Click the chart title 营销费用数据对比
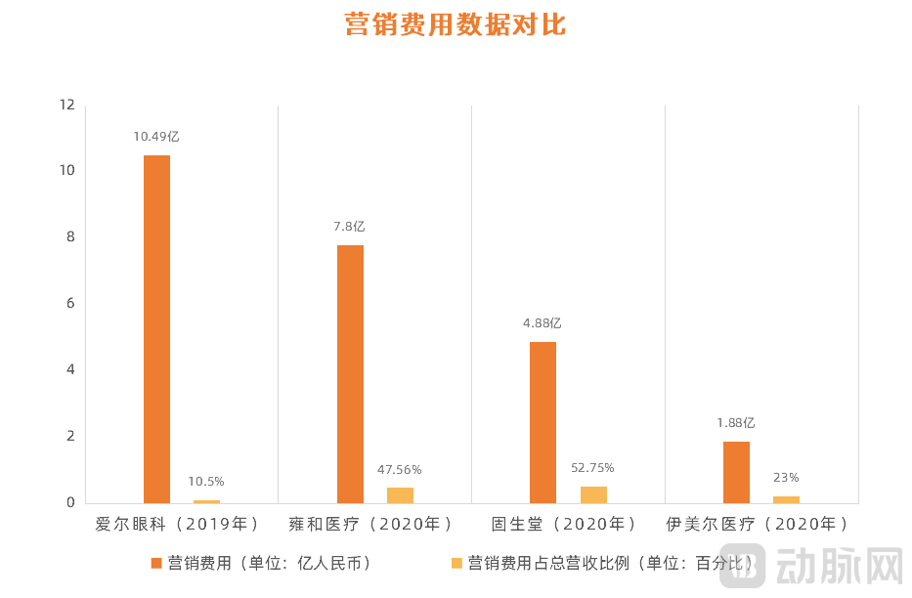pyautogui.click(x=456, y=24)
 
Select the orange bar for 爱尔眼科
pyautogui.click(x=156, y=328)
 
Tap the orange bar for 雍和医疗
pyautogui.click(x=350, y=373)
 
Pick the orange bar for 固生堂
pyautogui.click(x=543, y=422)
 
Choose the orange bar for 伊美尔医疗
pyautogui.click(x=736, y=472)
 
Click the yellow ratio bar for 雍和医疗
pyautogui.click(x=400, y=494)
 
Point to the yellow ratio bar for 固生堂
pyautogui.click(x=593, y=494)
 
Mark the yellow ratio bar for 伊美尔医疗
pyautogui.click(x=786, y=498)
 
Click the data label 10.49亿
pyautogui.click(x=156, y=137)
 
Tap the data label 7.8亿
pyautogui.click(x=349, y=227)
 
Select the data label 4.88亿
pyautogui.click(x=543, y=323)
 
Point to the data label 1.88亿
pyautogui.click(x=736, y=423)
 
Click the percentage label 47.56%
pyautogui.click(x=400, y=470)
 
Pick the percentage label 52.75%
pyautogui.click(x=593, y=468)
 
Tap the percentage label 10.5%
pyautogui.click(x=206, y=482)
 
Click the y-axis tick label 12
pyautogui.click(x=67, y=105)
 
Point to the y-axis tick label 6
pyautogui.click(x=70, y=304)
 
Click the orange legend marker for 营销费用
pyautogui.click(x=155, y=564)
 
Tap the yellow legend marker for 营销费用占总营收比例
pyautogui.click(x=456, y=564)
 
